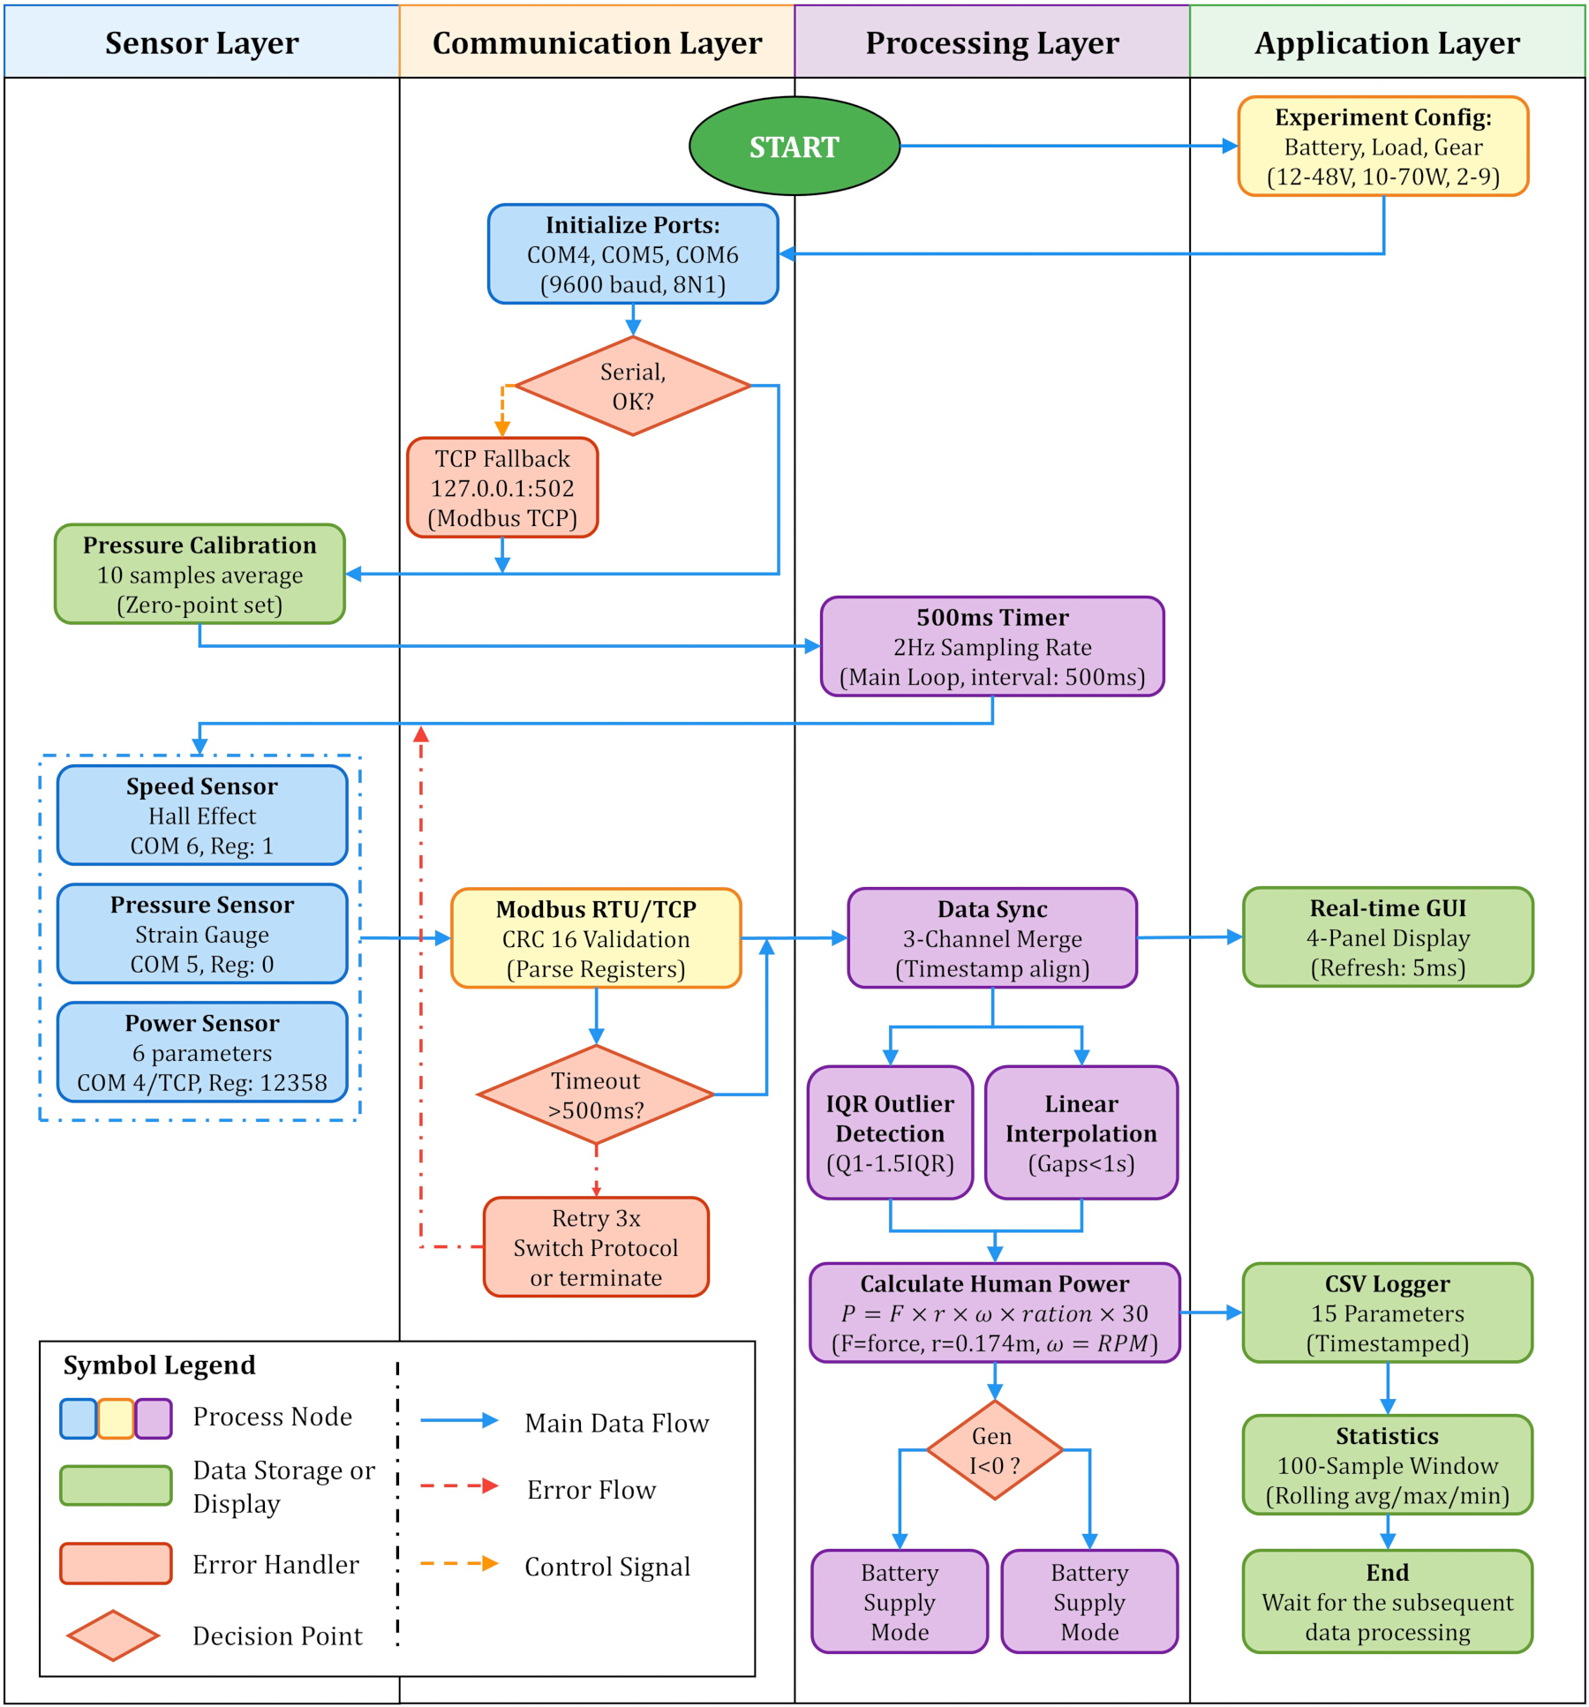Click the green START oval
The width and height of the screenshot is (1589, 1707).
click(x=794, y=146)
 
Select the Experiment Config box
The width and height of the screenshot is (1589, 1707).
click(x=1382, y=146)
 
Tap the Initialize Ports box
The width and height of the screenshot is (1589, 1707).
click(x=633, y=254)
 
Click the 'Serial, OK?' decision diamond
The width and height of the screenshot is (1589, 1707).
click(x=633, y=386)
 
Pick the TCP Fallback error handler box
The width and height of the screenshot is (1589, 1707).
click(x=502, y=487)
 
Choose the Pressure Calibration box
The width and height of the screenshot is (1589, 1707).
click(x=200, y=574)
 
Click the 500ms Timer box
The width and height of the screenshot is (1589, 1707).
click(x=992, y=646)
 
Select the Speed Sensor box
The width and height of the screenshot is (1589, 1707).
click(x=202, y=815)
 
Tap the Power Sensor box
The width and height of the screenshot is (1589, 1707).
click(x=202, y=1052)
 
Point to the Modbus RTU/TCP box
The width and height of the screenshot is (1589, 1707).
click(x=596, y=937)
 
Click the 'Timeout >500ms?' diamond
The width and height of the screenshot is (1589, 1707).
click(x=596, y=1094)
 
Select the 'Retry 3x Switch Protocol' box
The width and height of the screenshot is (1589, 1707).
click(x=596, y=1246)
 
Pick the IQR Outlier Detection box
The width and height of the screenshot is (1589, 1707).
click(x=890, y=1132)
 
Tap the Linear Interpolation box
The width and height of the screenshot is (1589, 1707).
click(x=1081, y=1132)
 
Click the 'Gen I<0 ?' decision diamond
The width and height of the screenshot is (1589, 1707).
click(x=995, y=1449)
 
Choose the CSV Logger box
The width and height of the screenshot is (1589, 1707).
click(x=1388, y=1312)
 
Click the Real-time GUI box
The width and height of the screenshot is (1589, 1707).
click(x=1388, y=936)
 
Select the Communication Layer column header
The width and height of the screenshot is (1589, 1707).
click(x=597, y=41)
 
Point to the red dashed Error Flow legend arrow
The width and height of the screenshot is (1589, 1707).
click(x=459, y=1486)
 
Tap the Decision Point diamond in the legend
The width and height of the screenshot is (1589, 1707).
click(x=113, y=1636)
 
